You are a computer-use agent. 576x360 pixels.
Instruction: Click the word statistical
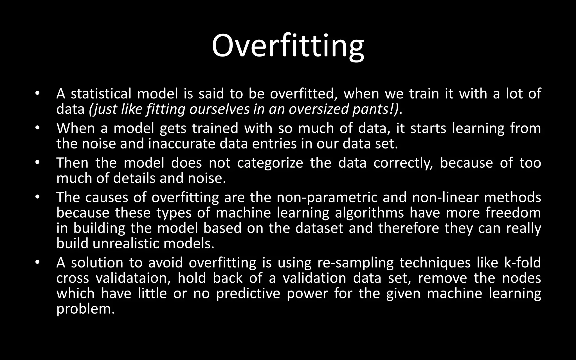[x=101, y=94]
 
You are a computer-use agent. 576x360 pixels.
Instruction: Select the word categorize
[x=270, y=163]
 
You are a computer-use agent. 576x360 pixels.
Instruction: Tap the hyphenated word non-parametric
[x=327, y=197]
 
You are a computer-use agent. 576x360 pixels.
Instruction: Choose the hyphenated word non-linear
[x=445, y=197]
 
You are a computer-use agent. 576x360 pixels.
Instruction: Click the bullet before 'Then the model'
[x=38, y=163]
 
